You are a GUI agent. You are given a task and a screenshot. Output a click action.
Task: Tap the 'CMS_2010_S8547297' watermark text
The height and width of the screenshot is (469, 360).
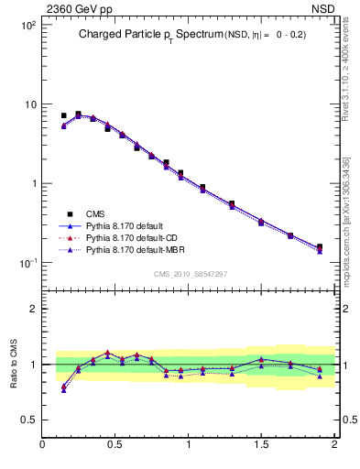[190, 274]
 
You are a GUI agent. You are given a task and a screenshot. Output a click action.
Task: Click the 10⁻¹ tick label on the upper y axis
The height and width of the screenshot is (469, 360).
[28, 263]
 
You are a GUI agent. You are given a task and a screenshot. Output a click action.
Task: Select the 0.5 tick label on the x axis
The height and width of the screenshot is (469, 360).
[115, 444]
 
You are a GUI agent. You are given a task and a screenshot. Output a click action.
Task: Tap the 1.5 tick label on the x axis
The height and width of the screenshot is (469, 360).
[261, 444]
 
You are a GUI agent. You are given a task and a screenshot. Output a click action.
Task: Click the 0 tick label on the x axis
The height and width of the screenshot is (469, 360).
[43, 444]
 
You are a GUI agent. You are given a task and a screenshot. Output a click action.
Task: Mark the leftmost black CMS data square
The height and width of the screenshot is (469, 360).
[63, 116]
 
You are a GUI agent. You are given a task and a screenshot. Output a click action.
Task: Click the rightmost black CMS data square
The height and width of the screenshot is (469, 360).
[319, 246]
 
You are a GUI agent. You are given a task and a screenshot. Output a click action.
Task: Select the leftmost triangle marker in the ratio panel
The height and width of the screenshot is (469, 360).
[63, 388]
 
